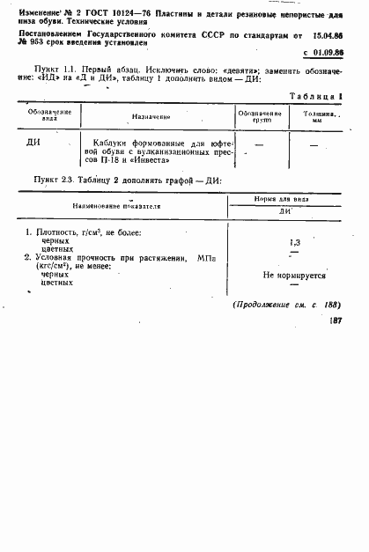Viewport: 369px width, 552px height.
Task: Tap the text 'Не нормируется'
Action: [x=294, y=275]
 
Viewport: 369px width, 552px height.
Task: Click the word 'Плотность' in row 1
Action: [x=56, y=232]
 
